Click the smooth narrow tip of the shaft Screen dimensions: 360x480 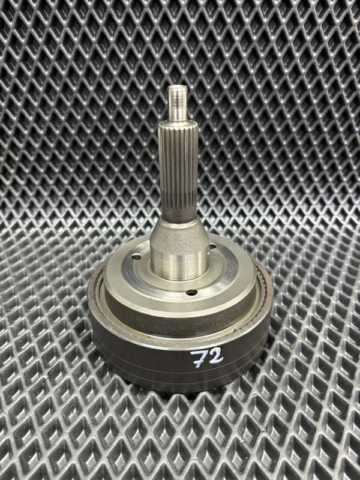tap(178, 103)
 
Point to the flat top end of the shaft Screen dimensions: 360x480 tap(178, 87)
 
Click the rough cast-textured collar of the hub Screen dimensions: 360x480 tap(179, 236)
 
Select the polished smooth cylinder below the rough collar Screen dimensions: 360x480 tap(179, 264)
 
